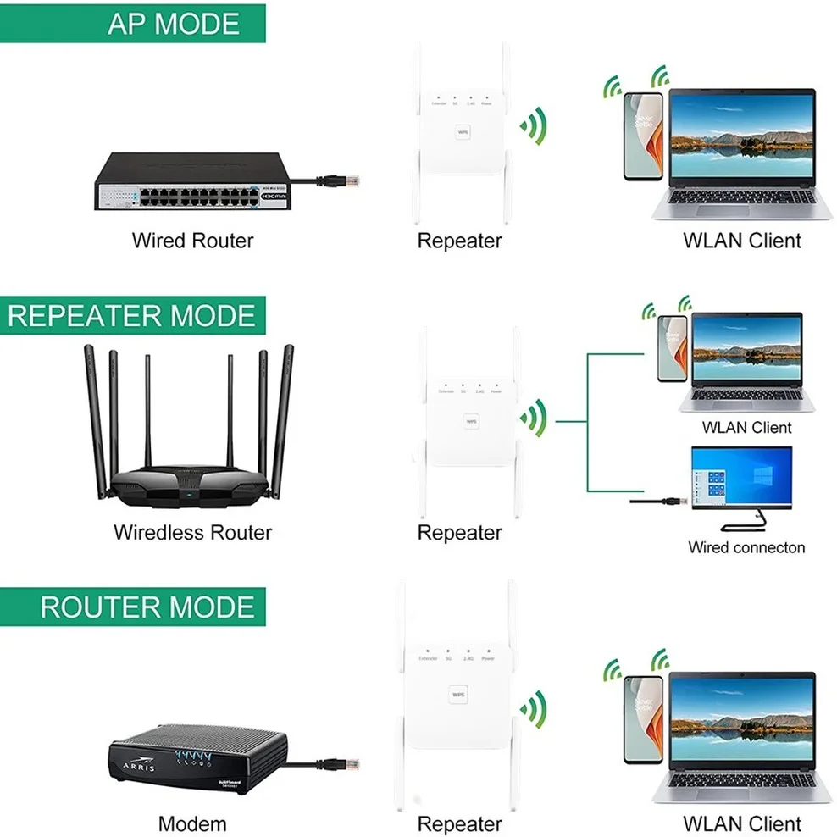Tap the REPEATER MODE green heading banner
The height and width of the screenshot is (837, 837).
click(132, 315)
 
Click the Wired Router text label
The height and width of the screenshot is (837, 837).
click(192, 241)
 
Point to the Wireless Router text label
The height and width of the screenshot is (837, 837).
click(192, 533)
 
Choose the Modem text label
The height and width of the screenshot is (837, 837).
click(192, 823)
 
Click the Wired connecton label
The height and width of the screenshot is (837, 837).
click(746, 547)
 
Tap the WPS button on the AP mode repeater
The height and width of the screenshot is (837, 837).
click(463, 132)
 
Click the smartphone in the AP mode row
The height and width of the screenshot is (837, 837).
click(642, 136)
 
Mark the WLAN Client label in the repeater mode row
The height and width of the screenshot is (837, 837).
click(746, 428)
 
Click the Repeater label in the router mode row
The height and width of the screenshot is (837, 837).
click(459, 823)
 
